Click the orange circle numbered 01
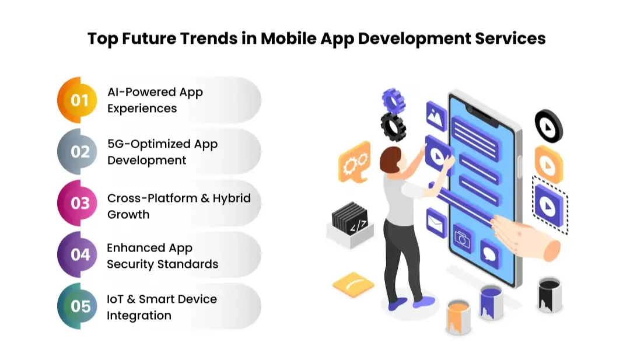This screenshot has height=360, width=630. coord(79,100)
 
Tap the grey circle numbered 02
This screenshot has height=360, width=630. coord(79,152)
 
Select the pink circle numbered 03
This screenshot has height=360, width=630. coord(79,204)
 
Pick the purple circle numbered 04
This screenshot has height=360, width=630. coord(79,255)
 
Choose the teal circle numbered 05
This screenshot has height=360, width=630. coord(79,306)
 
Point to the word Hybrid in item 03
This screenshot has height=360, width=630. coord(232,198)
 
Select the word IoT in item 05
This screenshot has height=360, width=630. coord(114,299)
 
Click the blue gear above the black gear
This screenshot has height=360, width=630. coord(393,100)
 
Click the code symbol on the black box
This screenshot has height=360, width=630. coord(358,224)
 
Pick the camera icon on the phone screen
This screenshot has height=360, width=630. coord(462,237)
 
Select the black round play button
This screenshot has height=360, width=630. coord(548,126)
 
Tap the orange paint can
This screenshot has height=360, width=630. coord(458,317)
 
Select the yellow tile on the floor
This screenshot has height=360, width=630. coord(353,284)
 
